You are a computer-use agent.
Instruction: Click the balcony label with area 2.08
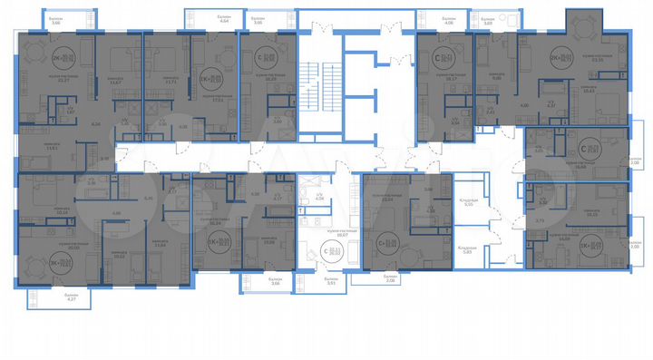[x=390, y=281]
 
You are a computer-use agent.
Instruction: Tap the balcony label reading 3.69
[x=512, y=22]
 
